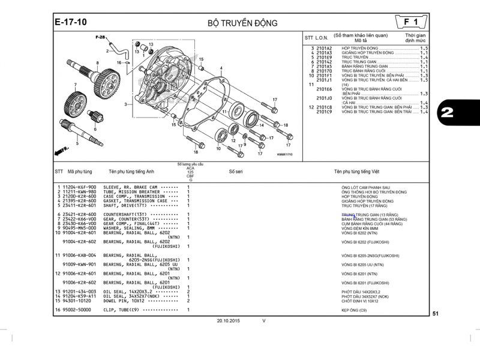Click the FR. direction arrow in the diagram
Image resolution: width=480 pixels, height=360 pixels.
(x=61, y=148)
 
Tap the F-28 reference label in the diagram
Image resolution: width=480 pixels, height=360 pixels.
(x=100, y=38)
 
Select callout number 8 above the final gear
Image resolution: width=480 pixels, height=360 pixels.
(x=97, y=63)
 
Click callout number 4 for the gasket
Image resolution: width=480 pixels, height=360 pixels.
(x=221, y=68)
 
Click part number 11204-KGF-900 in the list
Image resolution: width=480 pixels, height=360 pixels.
(x=79, y=187)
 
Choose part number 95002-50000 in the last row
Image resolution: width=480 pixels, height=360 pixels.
(x=78, y=310)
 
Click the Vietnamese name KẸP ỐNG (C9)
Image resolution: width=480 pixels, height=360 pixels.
(x=354, y=310)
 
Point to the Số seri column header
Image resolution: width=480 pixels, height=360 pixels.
(x=236, y=171)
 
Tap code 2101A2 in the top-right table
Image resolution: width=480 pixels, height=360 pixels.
(x=324, y=48)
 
